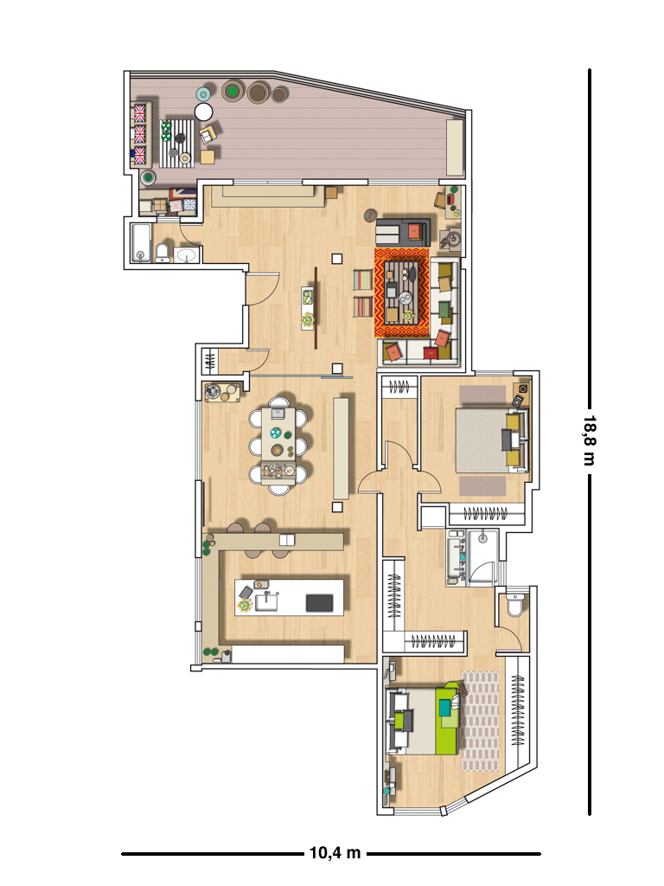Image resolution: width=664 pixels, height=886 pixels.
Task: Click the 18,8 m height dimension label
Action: (589, 440)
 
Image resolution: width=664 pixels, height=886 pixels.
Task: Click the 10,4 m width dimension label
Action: (335, 852)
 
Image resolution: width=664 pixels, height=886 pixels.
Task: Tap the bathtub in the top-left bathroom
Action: (141, 243)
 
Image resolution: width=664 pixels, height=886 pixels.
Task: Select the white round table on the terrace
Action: (204, 112)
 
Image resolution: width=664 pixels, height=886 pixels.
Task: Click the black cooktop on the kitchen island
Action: (320, 603)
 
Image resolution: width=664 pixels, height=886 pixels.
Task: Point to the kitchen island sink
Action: (266, 601)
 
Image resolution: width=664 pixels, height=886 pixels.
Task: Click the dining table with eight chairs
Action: (278, 446)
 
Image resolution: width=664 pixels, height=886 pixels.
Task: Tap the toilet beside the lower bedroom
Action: (514, 605)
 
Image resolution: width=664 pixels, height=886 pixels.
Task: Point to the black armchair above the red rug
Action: (403, 231)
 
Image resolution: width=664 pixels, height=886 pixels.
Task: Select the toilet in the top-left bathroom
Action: (163, 253)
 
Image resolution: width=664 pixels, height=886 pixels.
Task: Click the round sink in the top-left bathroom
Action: (187, 255)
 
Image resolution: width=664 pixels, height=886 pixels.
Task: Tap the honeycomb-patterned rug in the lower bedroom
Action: (481, 721)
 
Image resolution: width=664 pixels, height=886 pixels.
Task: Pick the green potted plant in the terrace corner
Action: (148, 178)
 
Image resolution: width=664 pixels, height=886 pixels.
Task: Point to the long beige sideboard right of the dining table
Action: (341, 448)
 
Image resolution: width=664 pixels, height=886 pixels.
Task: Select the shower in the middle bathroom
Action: (482, 556)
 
